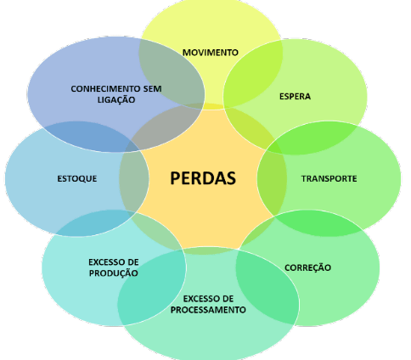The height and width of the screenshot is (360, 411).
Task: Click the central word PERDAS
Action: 203,178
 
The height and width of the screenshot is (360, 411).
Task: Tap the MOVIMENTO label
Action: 211,53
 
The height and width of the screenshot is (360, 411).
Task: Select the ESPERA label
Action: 295,97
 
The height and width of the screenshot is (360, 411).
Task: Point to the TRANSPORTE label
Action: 329,178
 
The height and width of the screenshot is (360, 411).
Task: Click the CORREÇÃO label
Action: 307,267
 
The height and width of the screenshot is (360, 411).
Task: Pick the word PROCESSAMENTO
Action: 208,310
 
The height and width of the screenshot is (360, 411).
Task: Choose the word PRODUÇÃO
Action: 114,273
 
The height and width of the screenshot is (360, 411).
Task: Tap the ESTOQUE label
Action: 77,179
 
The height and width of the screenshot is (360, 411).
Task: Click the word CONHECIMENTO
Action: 105,89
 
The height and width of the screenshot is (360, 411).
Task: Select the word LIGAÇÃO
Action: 116,99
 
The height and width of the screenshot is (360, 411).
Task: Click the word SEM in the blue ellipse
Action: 152,89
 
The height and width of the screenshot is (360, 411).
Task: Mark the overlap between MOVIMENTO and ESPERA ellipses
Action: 253,74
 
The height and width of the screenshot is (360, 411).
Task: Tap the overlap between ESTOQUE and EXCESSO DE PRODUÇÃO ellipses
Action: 93,223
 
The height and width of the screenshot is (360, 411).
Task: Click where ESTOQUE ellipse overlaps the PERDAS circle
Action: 133,178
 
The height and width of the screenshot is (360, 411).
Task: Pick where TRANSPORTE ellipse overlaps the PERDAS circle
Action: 272,178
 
